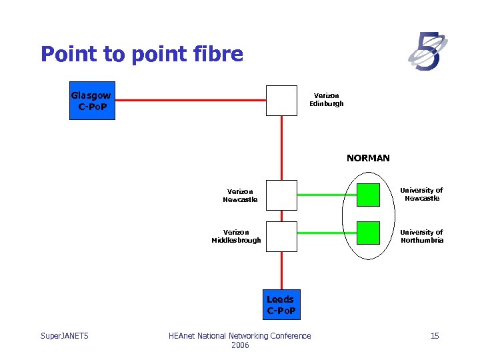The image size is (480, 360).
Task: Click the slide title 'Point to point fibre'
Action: pyautogui.click(x=141, y=54)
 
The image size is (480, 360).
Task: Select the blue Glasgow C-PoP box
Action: pyautogui.click(x=93, y=101)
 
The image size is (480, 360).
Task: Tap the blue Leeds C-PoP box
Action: pyautogui.click(x=281, y=305)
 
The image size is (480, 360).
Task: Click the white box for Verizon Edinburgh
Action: pyautogui.click(x=281, y=101)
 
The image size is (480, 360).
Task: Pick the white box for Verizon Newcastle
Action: pyautogui.click(x=281, y=195)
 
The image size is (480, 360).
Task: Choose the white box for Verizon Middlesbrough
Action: pyautogui.click(x=281, y=236)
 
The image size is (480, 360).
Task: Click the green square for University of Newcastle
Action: pyautogui.click(x=368, y=194)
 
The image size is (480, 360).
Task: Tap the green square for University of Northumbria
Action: pyautogui.click(x=368, y=233)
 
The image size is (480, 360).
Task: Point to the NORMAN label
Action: pyautogui.click(x=368, y=158)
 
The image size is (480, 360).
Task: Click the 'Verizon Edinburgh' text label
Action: pyautogui.click(x=327, y=100)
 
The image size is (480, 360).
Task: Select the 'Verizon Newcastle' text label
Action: pyautogui.click(x=240, y=195)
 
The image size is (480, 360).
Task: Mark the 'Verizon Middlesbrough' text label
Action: pyautogui.click(x=237, y=236)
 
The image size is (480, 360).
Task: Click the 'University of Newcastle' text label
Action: pyautogui.click(x=421, y=194)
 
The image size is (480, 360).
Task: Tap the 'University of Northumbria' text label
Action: pyautogui.click(x=421, y=236)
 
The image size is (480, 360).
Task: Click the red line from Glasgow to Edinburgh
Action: pyautogui.click(x=190, y=101)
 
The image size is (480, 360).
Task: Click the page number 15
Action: pyautogui.click(x=435, y=335)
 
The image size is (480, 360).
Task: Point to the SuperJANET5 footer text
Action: pyautogui.click(x=65, y=335)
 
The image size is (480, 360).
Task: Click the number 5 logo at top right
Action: pyautogui.click(x=427, y=51)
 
